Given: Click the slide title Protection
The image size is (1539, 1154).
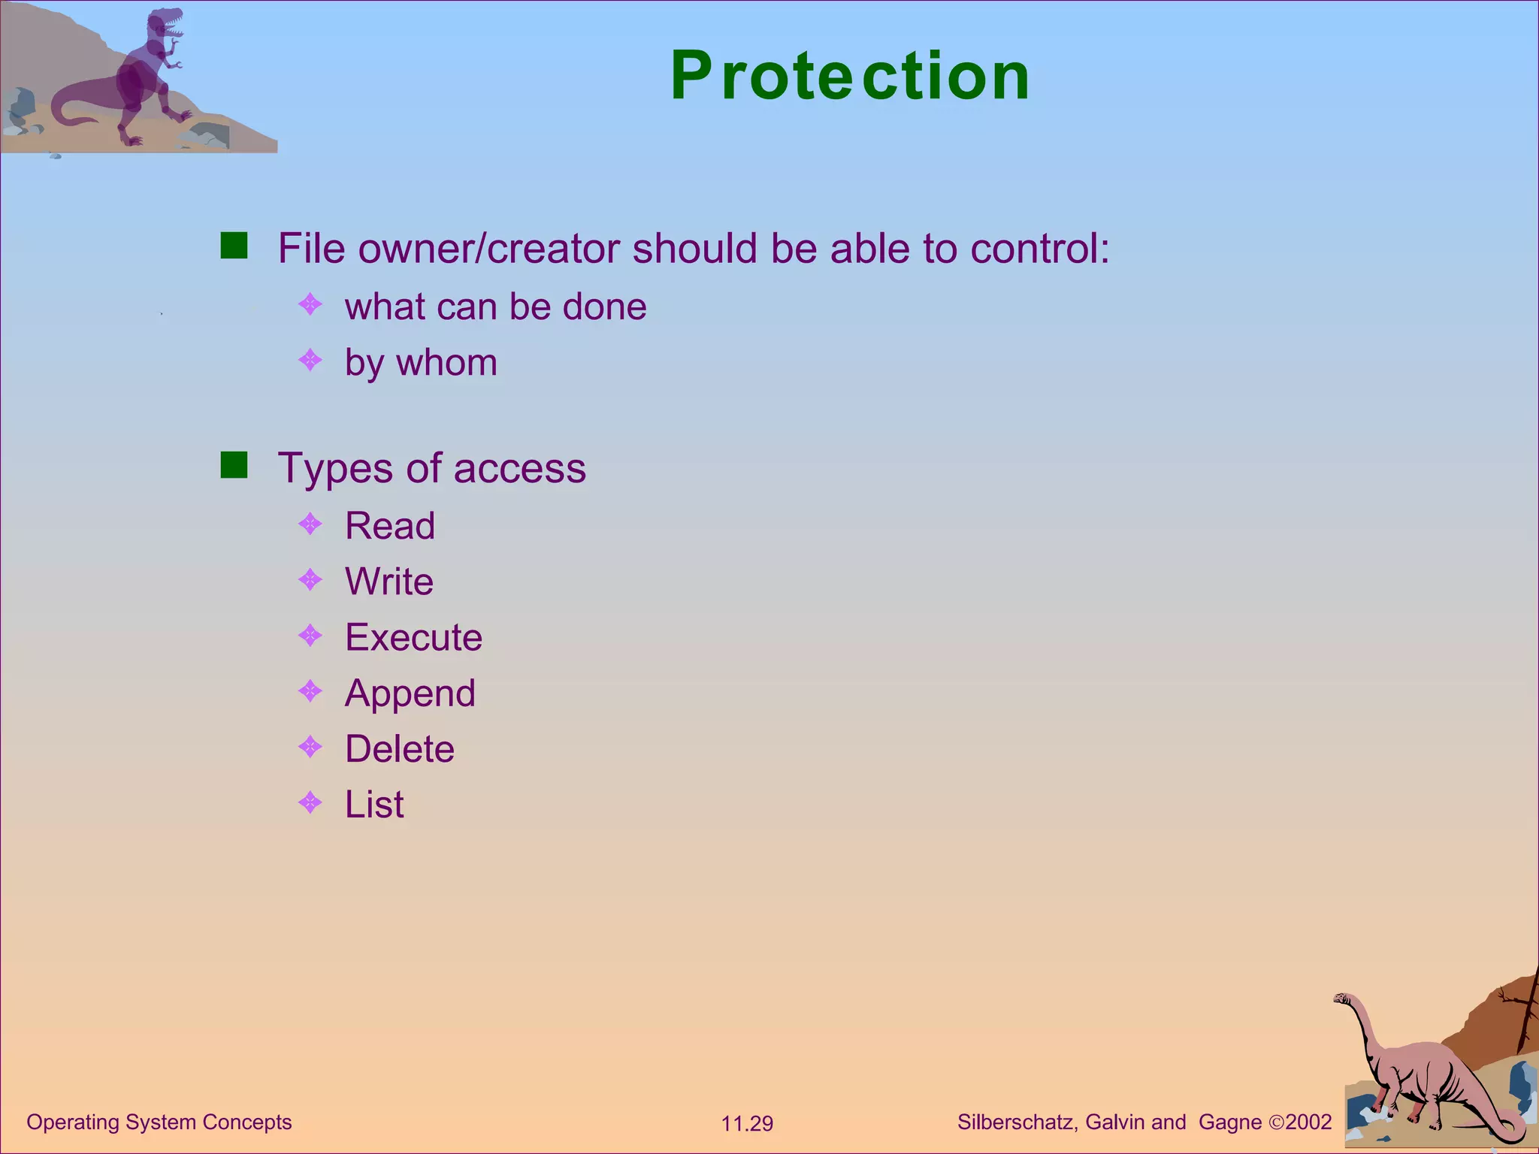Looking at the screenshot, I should [x=850, y=76].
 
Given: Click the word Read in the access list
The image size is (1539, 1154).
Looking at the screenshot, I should [x=389, y=526].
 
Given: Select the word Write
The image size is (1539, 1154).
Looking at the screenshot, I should [x=389, y=582].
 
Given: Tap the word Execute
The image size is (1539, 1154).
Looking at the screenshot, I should [x=413, y=637].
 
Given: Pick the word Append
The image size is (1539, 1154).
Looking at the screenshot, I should [x=410, y=693].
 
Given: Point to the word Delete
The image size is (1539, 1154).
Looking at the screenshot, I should [x=399, y=749].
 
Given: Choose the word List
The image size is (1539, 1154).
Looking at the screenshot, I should [x=373, y=805].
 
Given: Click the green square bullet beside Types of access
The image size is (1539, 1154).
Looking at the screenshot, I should [x=234, y=465].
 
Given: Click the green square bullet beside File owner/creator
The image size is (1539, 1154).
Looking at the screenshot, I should [x=234, y=246].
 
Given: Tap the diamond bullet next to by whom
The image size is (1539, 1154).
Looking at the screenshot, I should [x=310, y=361].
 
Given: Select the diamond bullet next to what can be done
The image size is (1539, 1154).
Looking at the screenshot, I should [x=310, y=304].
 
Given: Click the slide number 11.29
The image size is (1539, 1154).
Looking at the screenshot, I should [x=747, y=1124].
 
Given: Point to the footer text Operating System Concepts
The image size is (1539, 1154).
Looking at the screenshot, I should [x=159, y=1122].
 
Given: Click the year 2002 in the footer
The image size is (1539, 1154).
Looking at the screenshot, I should [x=1308, y=1122].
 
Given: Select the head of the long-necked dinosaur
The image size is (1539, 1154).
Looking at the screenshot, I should [x=1341, y=998].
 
